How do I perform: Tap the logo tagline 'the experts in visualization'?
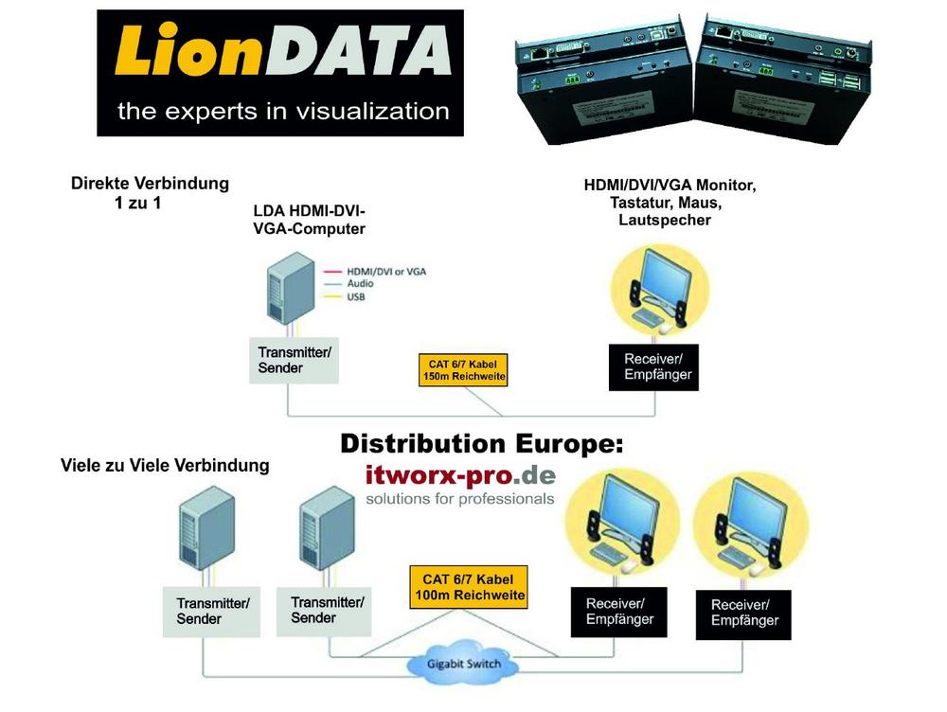(x=282, y=112)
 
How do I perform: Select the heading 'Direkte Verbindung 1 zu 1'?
(x=150, y=191)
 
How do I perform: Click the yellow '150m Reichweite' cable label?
(x=462, y=370)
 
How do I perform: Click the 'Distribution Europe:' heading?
(x=483, y=443)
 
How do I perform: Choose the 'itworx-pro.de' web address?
(x=461, y=473)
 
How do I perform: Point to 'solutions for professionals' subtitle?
(x=460, y=498)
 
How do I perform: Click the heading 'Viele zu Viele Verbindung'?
(x=165, y=466)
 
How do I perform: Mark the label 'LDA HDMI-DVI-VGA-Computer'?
(x=309, y=221)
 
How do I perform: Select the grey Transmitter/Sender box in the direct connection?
(x=295, y=360)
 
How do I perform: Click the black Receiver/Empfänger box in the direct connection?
(x=657, y=366)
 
